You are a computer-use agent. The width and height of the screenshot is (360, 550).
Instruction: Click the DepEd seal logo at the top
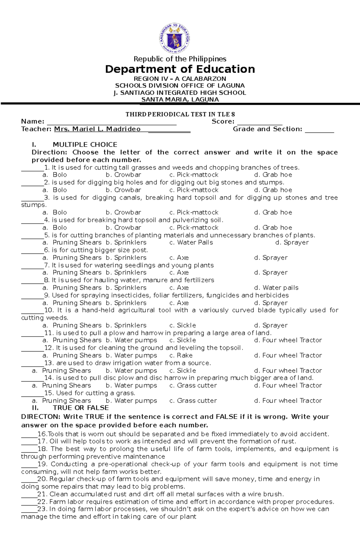[174, 38]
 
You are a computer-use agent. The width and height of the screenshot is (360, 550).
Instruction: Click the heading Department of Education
[180, 69]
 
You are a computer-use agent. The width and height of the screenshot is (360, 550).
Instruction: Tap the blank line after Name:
[112, 122]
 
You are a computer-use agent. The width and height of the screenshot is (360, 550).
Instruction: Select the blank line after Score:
[259, 122]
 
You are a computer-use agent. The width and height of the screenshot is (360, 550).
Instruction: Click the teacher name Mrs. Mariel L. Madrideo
[97, 129]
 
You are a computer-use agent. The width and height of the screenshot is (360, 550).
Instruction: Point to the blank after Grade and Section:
[319, 130]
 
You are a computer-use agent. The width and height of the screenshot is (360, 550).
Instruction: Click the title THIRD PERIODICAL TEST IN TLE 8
[180, 114]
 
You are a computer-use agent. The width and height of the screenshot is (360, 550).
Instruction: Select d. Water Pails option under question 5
[191, 242]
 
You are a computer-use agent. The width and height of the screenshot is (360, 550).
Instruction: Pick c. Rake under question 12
[181, 355]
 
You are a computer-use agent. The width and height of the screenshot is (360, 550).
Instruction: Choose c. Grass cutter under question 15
[193, 401]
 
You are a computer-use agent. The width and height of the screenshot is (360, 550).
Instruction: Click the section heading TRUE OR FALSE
[81, 408]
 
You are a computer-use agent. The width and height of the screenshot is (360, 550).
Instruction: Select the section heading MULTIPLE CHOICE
[85, 144]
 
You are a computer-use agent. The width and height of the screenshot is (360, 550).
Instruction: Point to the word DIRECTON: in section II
[41, 417]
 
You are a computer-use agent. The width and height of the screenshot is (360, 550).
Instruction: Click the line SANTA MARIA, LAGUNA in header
[180, 100]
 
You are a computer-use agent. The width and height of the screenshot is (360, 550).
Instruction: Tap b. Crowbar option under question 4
[123, 227]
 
